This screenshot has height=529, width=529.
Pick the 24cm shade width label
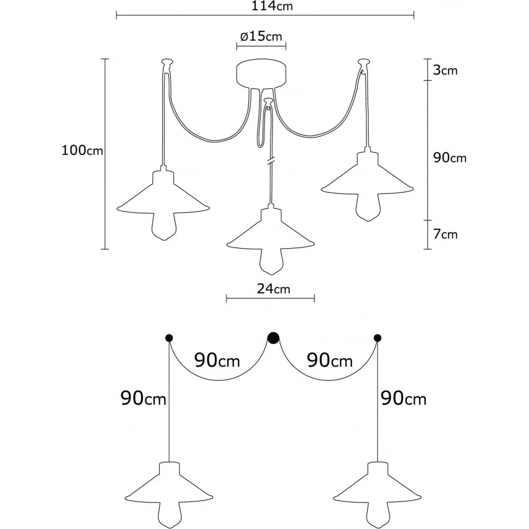(x=270, y=289)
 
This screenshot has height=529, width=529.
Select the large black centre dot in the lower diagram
(x=273, y=338)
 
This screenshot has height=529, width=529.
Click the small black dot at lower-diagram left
(x=169, y=338)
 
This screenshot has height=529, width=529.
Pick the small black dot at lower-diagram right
(x=377, y=338)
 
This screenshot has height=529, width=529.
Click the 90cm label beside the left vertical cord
(x=143, y=398)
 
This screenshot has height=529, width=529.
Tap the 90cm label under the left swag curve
(x=217, y=361)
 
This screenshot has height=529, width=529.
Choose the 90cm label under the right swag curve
(x=330, y=361)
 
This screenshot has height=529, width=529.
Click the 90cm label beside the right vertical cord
(x=403, y=398)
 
